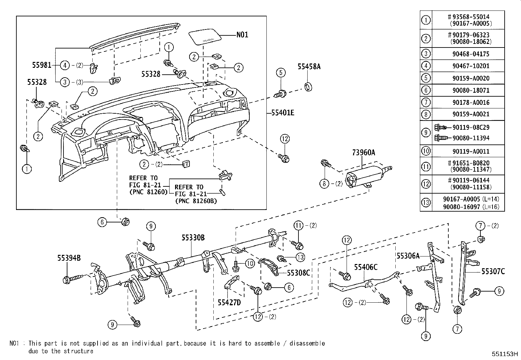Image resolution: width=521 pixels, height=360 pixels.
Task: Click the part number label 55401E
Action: coord(283,113)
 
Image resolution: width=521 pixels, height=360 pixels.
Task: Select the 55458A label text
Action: coord(309,66)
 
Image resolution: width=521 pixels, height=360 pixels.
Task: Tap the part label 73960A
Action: coord(364,153)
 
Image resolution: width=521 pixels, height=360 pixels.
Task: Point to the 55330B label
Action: coord(193,238)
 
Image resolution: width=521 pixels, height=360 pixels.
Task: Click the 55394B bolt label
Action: coord(69,258)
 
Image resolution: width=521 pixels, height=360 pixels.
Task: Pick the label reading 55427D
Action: coord(229,302)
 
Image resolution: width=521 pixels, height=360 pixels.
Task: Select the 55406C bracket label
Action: coord(366,267)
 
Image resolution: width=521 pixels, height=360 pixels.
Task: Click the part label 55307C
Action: coord(493,271)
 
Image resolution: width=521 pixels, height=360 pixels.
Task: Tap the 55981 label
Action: coord(42,65)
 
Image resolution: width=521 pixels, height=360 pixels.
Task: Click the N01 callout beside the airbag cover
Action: coord(242,34)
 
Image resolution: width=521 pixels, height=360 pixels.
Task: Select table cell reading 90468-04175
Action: coord(471,54)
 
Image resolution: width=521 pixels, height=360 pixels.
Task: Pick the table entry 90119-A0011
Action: coord(471,151)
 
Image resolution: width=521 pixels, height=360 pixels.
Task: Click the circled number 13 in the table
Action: coord(426,202)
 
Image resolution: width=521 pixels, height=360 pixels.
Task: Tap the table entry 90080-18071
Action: coord(471,90)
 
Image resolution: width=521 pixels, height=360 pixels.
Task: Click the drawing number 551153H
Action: coord(505,354)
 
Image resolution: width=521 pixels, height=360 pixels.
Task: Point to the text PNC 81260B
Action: coord(196,201)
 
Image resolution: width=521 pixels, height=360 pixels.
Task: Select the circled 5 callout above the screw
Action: coord(281,72)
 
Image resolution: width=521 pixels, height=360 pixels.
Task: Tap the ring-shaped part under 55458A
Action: coord(308,87)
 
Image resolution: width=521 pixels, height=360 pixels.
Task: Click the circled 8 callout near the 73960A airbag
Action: coord(324,183)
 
